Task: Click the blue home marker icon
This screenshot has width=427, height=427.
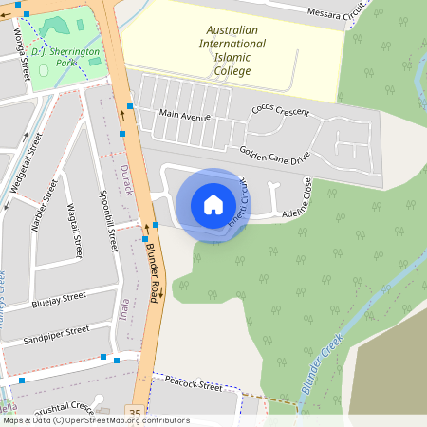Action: coord(213,204)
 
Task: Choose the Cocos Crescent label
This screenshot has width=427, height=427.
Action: coord(280,110)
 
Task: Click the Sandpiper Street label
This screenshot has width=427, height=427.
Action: coord(56,333)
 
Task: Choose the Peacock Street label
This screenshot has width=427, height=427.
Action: coord(193,385)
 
